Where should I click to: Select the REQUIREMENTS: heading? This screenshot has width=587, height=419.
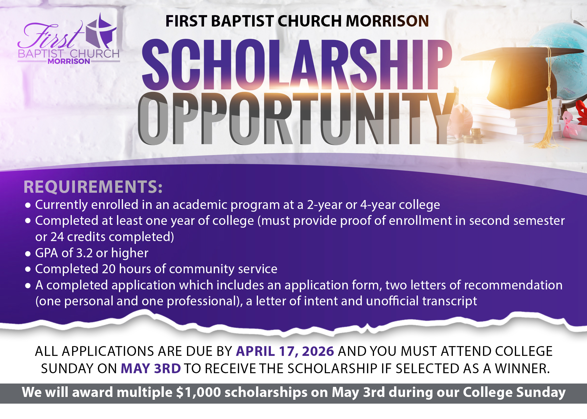(93, 187)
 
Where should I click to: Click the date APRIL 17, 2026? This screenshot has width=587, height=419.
(285, 351)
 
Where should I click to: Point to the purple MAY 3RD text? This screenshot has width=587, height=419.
(151, 368)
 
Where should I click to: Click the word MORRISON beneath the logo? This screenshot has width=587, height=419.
(69, 61)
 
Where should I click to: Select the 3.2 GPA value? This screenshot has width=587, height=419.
(84, 253)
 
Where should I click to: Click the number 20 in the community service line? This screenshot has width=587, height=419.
(109, 269)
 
